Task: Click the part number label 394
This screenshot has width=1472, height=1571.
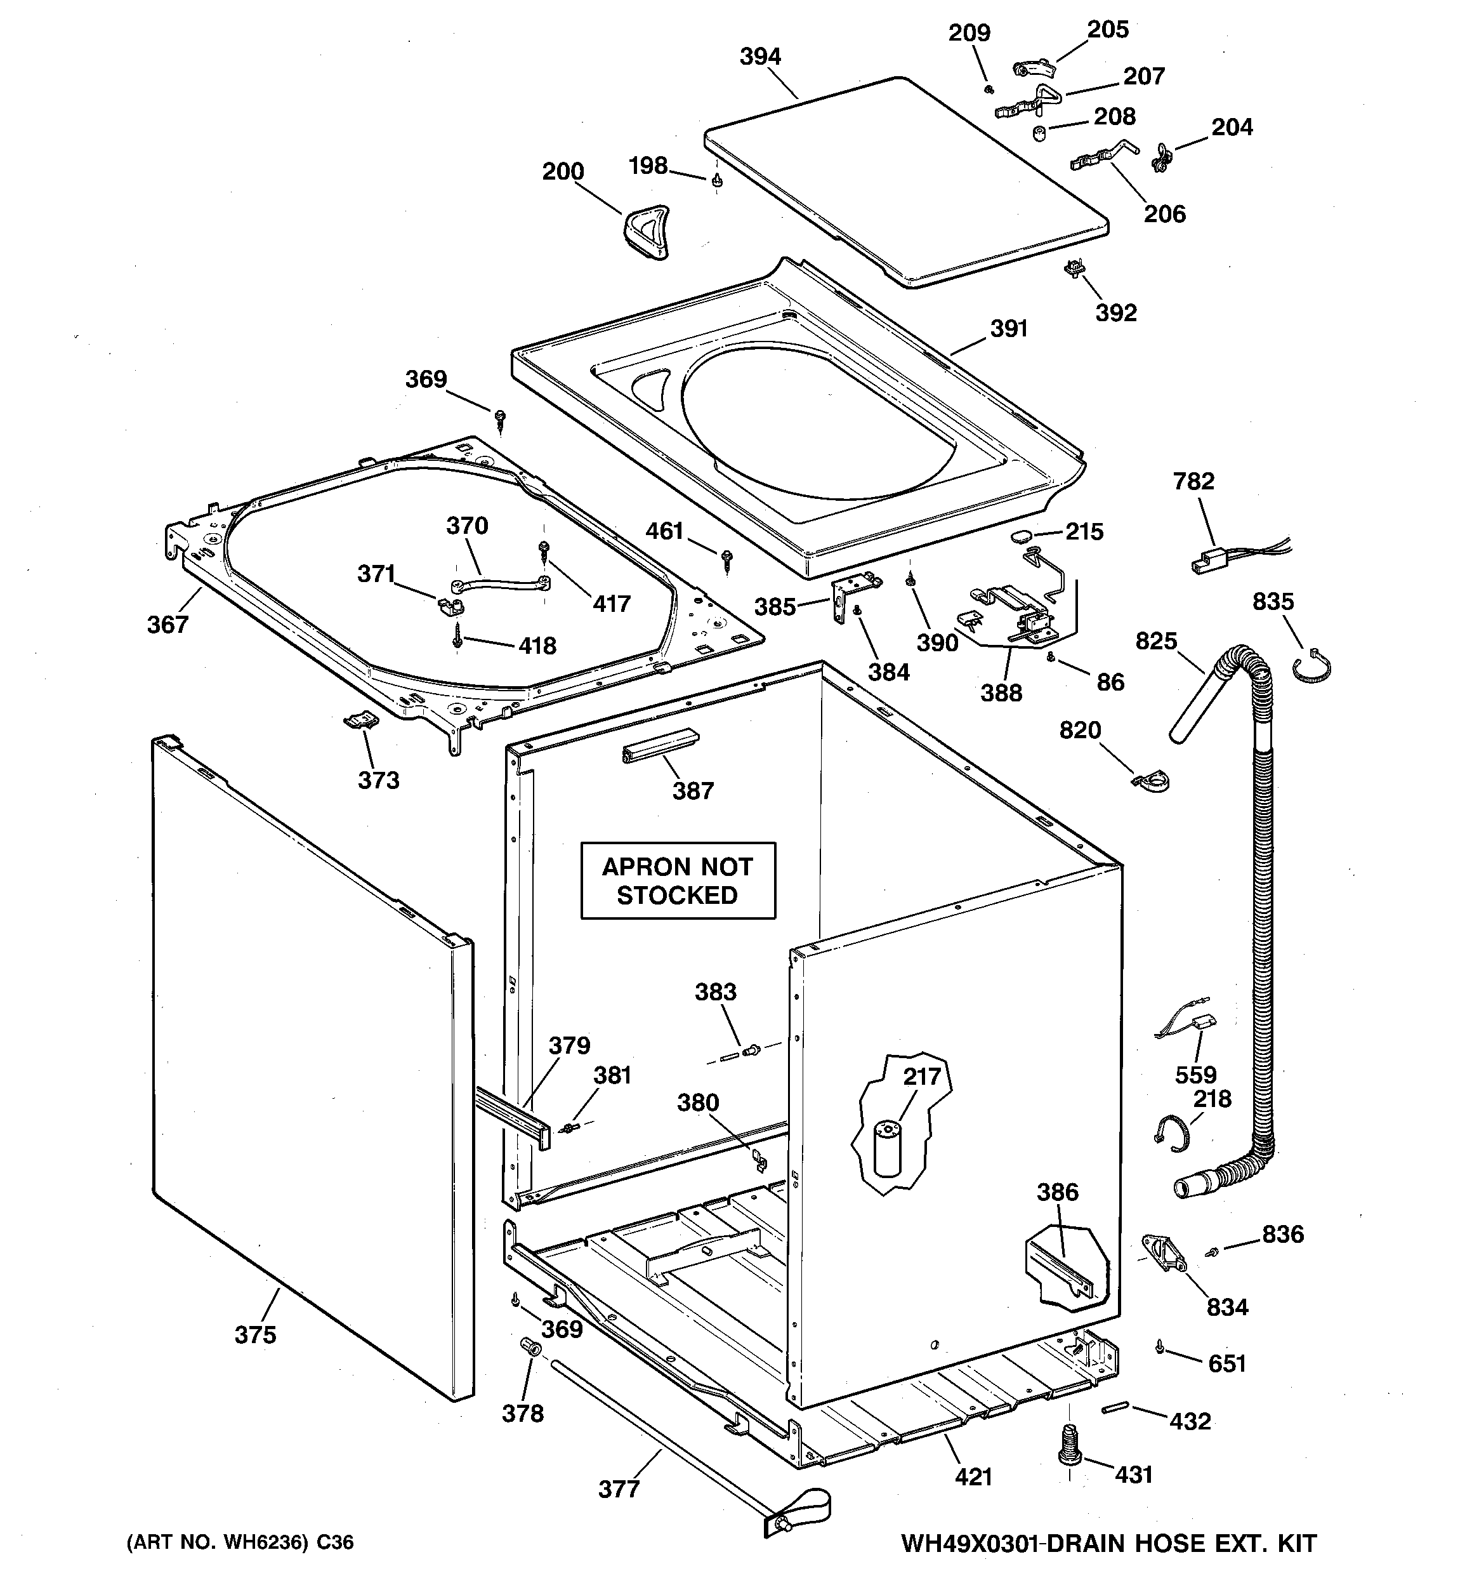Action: pyautogui.click(x=760, y=57)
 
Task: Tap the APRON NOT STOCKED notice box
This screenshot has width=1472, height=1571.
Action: pyautogui.click(x=678, y=880)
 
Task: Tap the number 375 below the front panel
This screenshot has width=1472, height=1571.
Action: pyautogui.click(x=255, y=1335)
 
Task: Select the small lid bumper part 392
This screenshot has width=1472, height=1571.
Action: pyautogui.click(x=1074, y=270)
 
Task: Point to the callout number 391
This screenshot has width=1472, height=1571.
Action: pyautogui.click(x=1009, y=329)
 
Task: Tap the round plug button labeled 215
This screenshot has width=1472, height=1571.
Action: pyautogui.click(x=1021, y=536)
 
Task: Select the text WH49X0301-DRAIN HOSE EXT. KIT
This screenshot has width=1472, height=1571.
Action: pyautogui.click(x=1108, y=1543)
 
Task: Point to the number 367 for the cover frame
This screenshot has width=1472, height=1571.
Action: pyautogui.click(x=168, y=625)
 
